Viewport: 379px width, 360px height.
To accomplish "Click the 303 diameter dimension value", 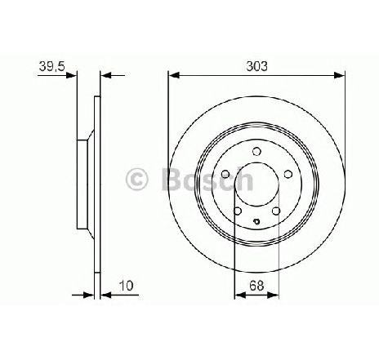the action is point(256,66).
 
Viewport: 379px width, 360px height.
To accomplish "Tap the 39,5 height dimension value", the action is point(51,66).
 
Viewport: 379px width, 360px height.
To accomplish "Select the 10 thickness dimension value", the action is point(127,286).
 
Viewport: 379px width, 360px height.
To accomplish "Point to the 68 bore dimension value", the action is point(256,286).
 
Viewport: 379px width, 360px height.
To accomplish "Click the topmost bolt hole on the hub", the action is point(256,151).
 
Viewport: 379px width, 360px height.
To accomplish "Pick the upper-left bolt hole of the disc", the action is point(225,174).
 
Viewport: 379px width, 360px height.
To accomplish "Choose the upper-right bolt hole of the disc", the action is point(288,174).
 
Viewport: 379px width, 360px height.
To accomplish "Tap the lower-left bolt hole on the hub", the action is point(238,211).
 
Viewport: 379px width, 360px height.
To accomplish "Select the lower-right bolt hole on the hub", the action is point(276,211).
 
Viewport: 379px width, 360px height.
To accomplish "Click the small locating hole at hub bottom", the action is point(256,221).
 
